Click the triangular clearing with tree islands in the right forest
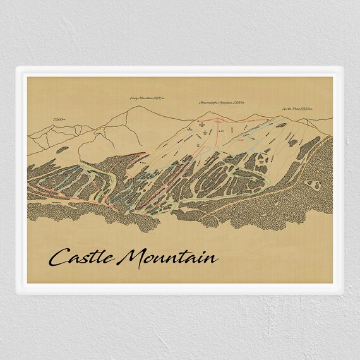tap(311, 183)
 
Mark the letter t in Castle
tap(90, 255)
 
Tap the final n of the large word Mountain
tap(212, 258)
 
